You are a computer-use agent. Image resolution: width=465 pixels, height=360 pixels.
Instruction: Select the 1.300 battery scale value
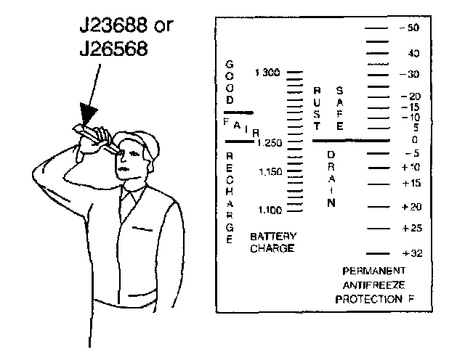[x=267, y=73]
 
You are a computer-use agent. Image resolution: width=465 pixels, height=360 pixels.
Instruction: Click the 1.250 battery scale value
[x=267, y=143]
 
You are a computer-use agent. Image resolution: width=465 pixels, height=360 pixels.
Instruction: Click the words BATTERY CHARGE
[x=272, y=242]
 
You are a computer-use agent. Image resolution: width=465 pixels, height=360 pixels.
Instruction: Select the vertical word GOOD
[x=230, y=82]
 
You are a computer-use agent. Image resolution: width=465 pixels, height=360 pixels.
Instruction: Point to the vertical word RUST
[x=317, y=107]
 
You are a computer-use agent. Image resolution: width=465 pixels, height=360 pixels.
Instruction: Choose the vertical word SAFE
[x=339, y=107]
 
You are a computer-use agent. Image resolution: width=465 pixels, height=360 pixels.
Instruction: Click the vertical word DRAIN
[x=331, y=179]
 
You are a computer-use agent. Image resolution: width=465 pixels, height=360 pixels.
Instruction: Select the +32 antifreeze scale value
[x=412, y=253]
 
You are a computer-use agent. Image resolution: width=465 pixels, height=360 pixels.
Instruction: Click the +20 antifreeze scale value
[x=412, y=207]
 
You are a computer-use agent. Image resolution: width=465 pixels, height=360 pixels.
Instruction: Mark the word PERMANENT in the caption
[x=368, y=270]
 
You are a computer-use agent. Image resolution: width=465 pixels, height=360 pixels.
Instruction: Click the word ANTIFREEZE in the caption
[x=368, y=284]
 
